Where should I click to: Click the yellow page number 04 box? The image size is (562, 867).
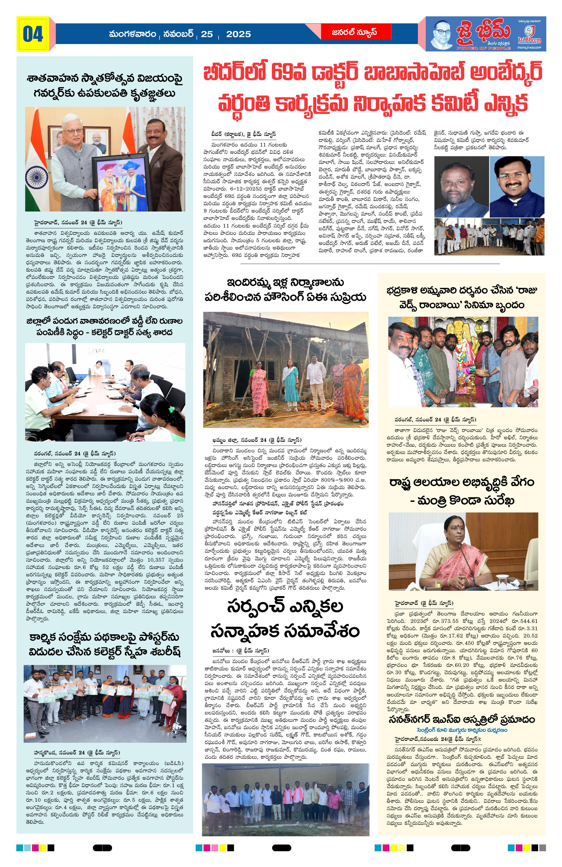coord(33,34)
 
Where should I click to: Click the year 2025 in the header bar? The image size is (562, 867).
coord(238,34)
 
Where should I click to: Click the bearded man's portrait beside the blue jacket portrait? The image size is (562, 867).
coord(460,187)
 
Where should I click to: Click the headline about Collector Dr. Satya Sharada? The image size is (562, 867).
coord(104,327)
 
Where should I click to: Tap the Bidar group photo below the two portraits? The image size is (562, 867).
coord(489,237)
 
